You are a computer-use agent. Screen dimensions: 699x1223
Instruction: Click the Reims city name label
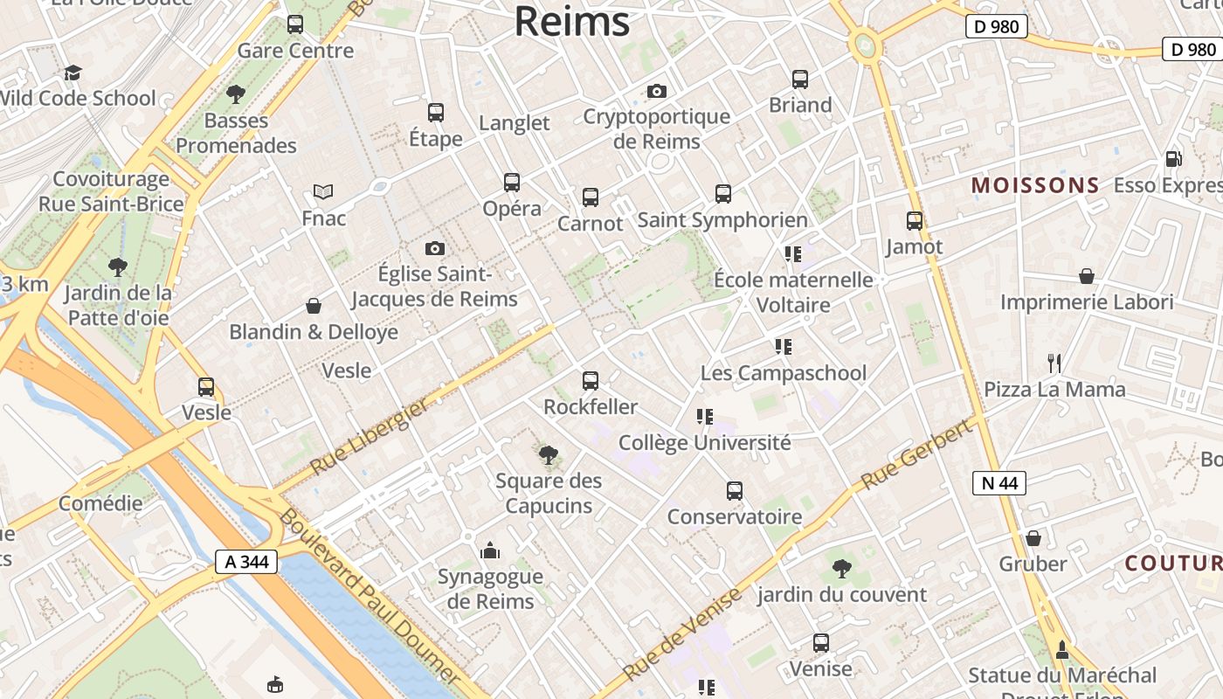pos(571,21)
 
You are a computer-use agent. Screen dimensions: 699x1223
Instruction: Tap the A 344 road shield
pos(246,562)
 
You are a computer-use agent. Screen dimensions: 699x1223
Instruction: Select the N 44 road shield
pos(998,482)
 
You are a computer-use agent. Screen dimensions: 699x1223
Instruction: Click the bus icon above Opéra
pos(512,183)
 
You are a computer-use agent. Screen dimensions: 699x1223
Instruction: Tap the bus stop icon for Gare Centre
pos(295,24)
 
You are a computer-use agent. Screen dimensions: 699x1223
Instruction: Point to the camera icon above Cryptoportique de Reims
pos(657,91)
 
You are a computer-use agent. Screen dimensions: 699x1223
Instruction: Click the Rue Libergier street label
pos(370,436)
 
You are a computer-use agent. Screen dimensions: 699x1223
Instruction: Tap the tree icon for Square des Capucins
pos(549,454)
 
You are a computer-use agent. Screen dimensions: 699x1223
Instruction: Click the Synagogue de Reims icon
pos(490,550)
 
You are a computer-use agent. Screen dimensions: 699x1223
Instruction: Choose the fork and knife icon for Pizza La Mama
pos(1054,363)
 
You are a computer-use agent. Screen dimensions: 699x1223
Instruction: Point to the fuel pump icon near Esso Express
pos(1173,159)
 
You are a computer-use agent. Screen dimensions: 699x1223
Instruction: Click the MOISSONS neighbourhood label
pos(1035,185)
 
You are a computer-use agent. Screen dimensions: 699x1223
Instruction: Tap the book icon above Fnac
pos(323,191)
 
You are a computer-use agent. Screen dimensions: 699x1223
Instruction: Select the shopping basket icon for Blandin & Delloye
pos(314,306)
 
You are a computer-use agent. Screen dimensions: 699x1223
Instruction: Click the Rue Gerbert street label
pos(916,454)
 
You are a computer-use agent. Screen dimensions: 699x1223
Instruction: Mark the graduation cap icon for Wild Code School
pos(73,73)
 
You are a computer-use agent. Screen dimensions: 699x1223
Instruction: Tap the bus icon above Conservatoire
pos(735,491)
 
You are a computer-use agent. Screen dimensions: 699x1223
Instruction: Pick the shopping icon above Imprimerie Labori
pos(1087,276)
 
